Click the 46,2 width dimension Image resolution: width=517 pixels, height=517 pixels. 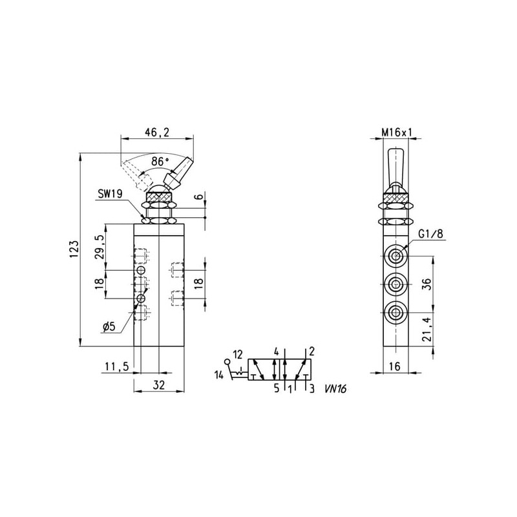point(156,132)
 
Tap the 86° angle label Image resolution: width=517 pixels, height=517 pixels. point(160,162)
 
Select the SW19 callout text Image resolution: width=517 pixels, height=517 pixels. point(110,194)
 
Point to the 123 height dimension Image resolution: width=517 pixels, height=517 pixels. point(74,249)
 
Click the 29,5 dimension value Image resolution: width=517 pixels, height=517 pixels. point(100,247)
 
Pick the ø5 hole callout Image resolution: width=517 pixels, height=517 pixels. point(109,327)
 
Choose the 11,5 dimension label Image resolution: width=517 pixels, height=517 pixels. point(117,366)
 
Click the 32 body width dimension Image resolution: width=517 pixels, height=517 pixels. point(159,385)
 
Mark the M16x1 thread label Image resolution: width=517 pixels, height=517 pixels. point(397,132)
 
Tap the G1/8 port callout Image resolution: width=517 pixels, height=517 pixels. point(431,234)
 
